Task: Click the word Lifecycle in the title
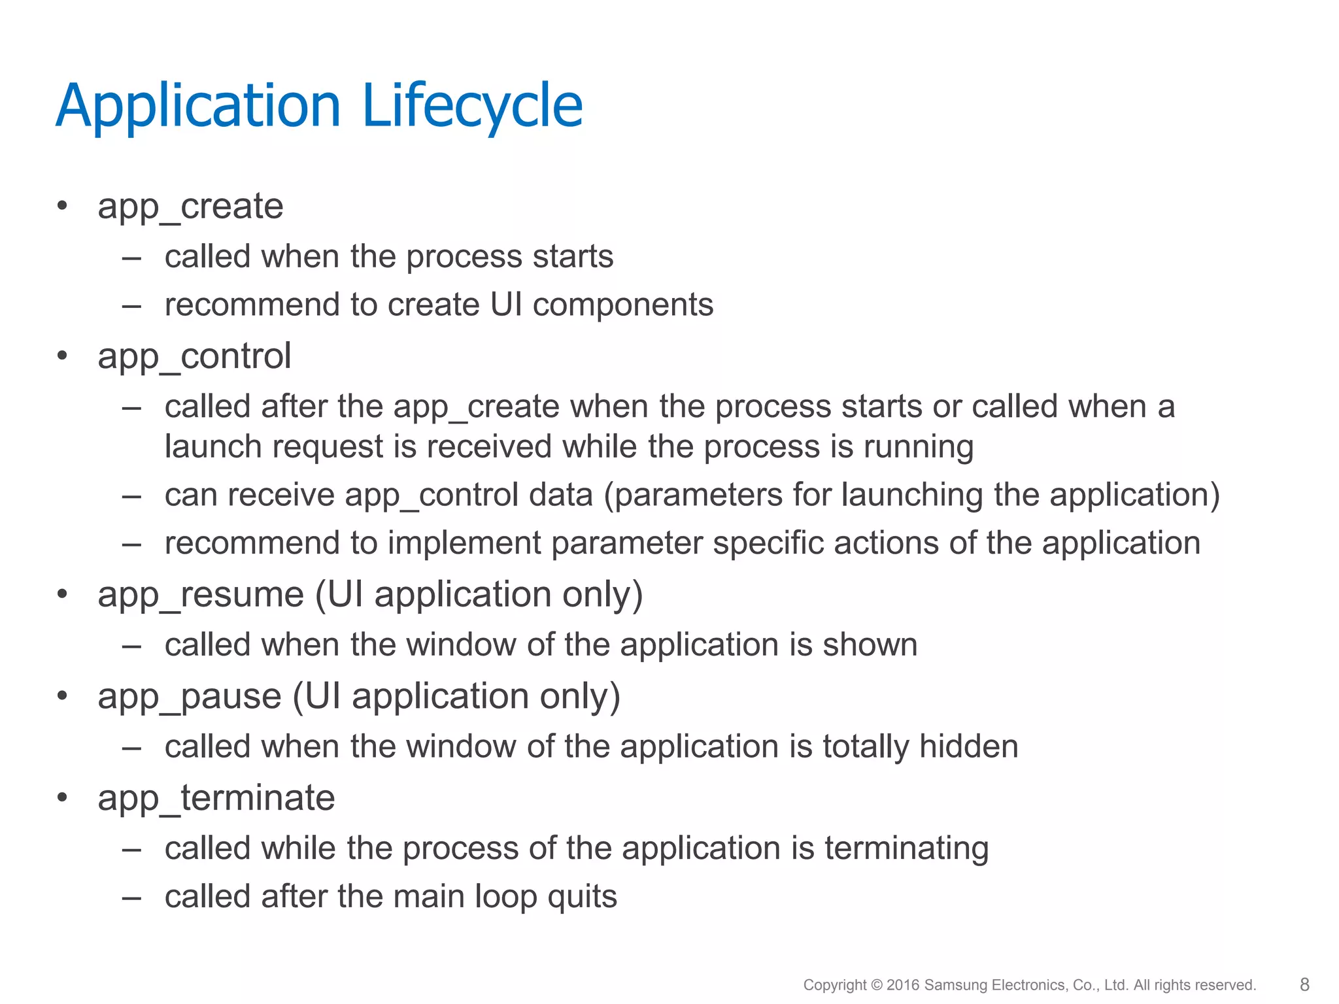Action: [471, 106]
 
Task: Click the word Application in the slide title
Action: [199, 106]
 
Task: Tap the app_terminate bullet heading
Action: [216, 798]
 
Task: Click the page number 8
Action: [1304, 984]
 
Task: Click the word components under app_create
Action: [623, 305]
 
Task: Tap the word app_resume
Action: [201, 595]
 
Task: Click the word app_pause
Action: [190, 697]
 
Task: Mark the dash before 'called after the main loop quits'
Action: [131, 897]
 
